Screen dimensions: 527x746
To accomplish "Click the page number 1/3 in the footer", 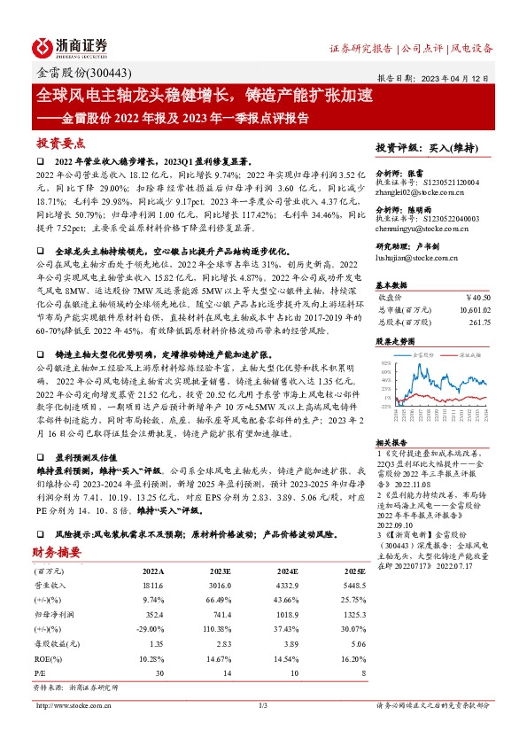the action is tap(263, 705).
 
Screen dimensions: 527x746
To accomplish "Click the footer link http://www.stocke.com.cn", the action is tap(70, 705).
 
